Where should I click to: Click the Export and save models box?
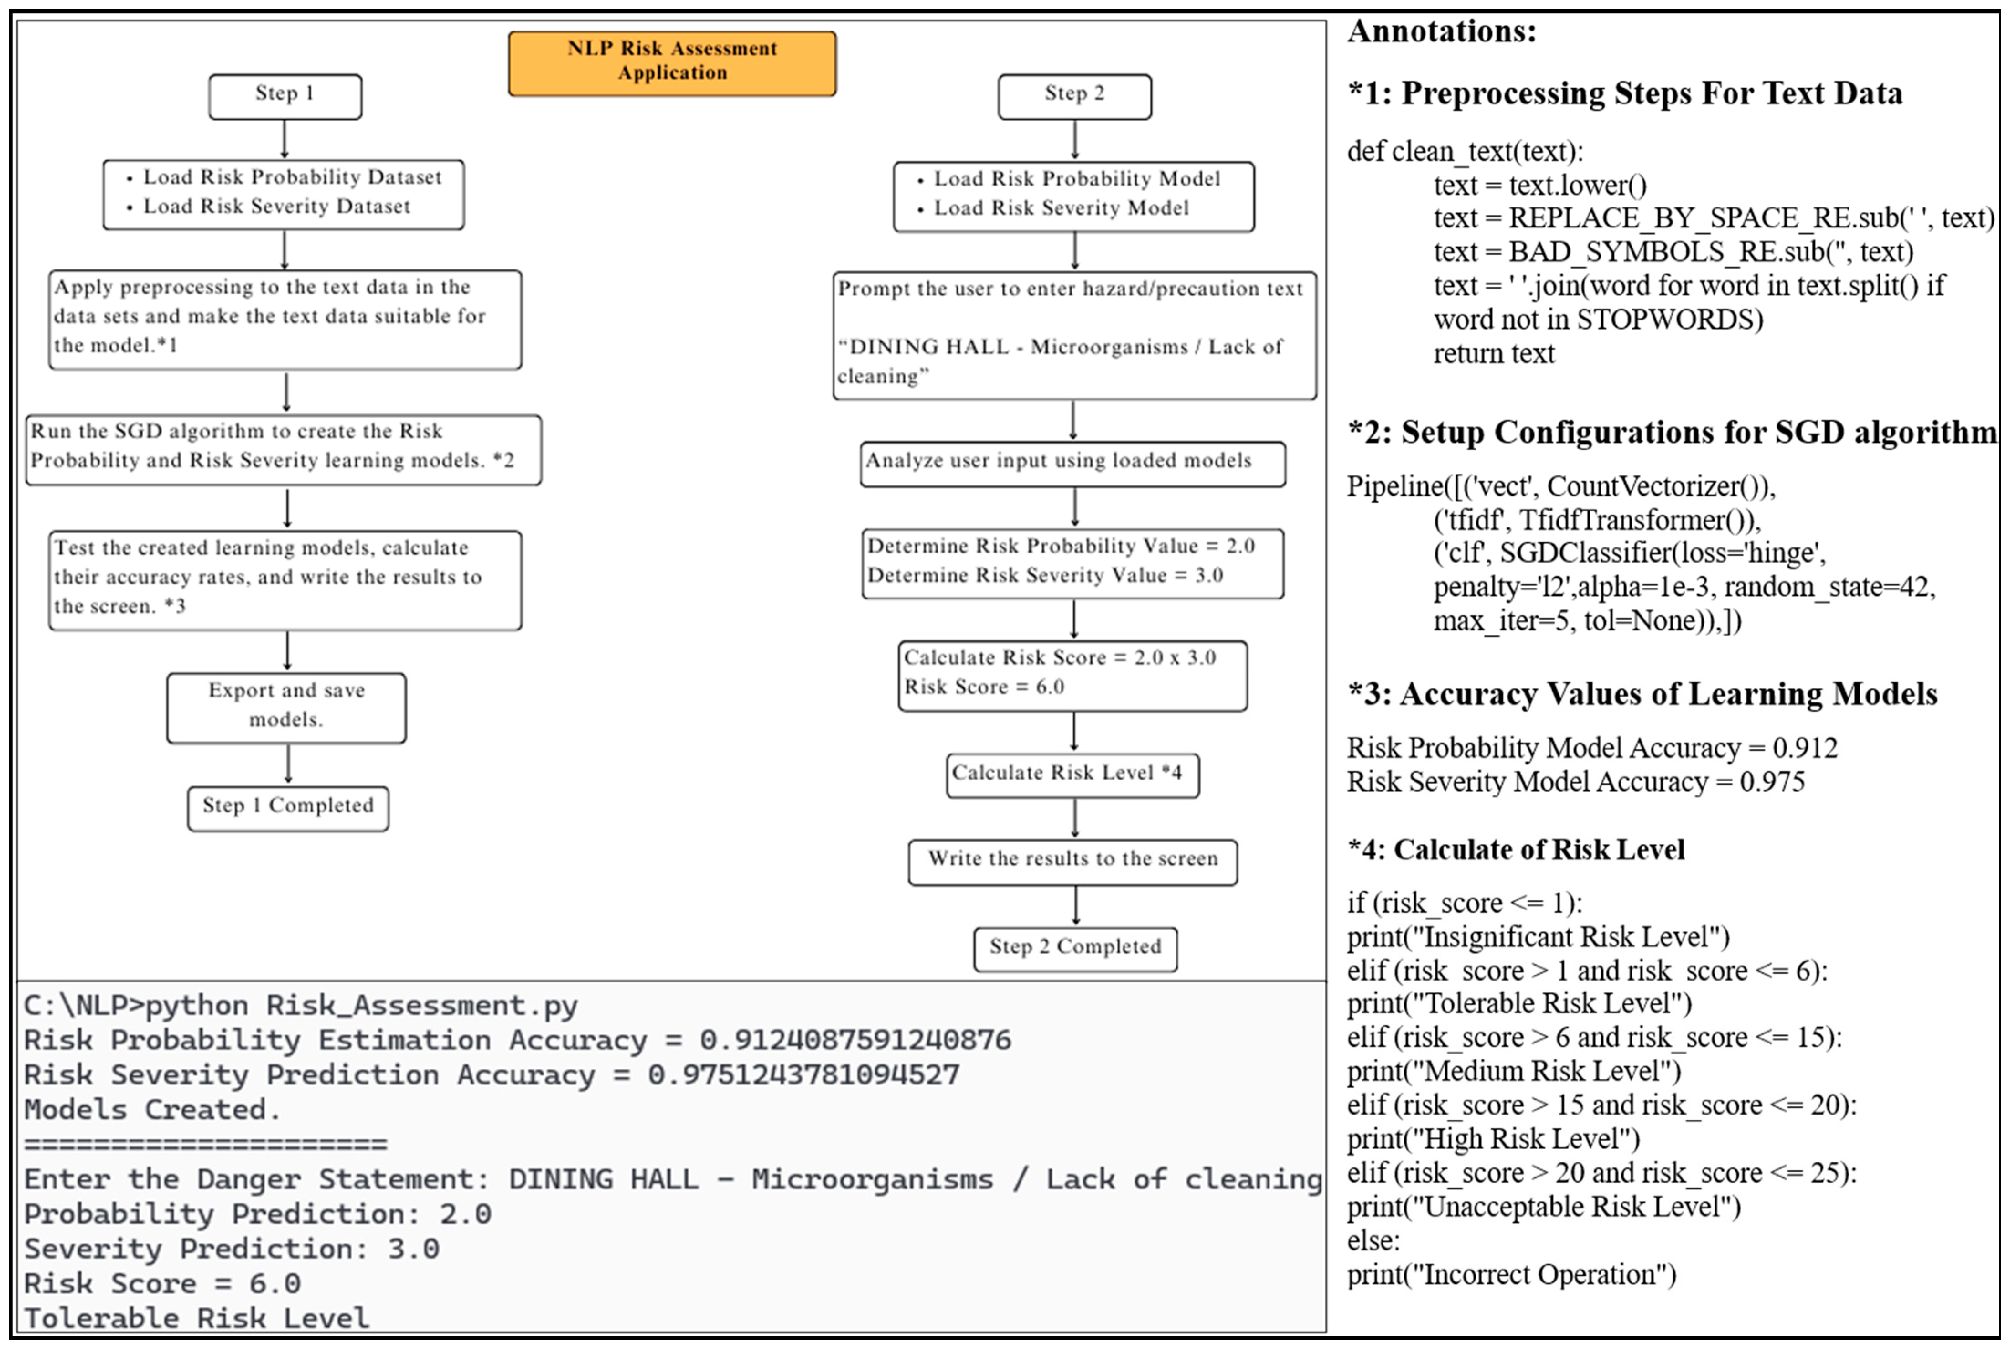pyautogui.click(x=286, y=707)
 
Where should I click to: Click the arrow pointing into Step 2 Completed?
pyautogui.click(x=1075, y=906)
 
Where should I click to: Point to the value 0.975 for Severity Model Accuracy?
pyautogui.click(x=1772, y=782)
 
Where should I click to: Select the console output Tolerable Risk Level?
pyautogui.click(x=197, y=1317)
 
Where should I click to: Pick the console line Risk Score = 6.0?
pyautogui.click(x=162, y=1283)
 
